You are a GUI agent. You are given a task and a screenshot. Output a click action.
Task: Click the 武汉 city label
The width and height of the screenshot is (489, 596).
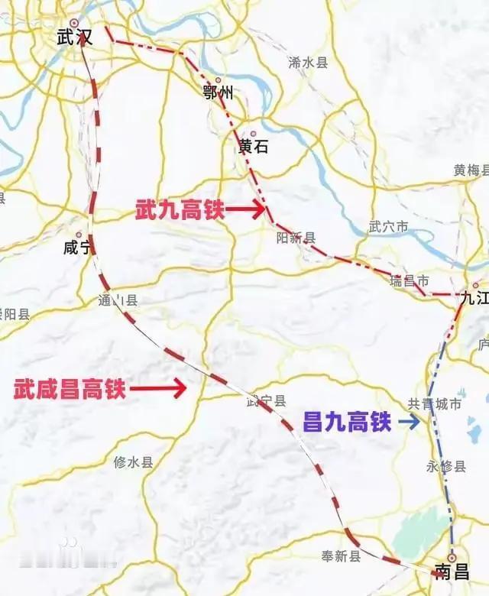coord(74,37)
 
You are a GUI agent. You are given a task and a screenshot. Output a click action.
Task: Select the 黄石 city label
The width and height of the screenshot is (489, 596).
coord(254,147)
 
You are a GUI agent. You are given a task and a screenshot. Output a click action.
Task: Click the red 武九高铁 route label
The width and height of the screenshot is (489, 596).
coord(180,210)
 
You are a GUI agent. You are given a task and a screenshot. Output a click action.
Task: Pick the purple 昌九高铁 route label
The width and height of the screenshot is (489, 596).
coord(347,421)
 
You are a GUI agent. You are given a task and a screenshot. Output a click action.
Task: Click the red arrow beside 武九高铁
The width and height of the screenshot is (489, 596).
coord(245,208)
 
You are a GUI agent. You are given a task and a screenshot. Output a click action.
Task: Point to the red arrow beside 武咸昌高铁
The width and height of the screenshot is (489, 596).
coord(158,389)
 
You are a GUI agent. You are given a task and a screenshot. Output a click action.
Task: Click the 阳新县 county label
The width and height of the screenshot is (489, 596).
coord(296,238)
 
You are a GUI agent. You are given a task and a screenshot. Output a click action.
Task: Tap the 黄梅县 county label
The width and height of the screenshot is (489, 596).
coord(471,170)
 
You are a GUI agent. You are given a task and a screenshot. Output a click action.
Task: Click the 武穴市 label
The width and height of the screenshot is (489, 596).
coord(388,227)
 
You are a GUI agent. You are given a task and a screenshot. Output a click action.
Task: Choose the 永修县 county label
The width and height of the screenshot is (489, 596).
coord(445,466)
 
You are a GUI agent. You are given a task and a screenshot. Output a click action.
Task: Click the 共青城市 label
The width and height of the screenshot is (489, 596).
coord(434,404)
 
